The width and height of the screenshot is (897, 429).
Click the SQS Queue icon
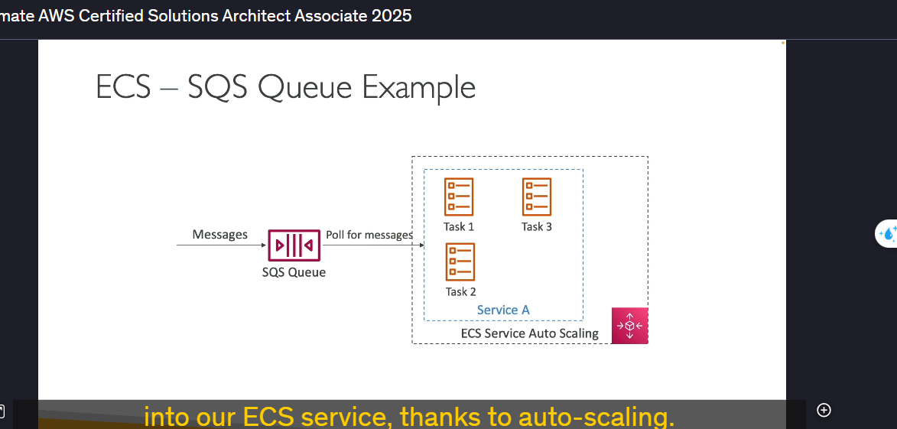point(294,245)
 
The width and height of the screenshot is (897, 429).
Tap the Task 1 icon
point(459,197)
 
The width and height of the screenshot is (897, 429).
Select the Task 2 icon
point(460,262)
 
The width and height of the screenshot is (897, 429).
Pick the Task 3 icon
point(537,197)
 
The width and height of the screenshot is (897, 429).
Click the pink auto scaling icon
point(630,326)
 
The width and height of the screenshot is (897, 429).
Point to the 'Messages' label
point(219,235)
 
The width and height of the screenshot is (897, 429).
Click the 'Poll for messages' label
point(369,235)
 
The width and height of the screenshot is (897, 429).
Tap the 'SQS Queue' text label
point(294,272)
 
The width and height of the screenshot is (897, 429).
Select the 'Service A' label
point(503,310)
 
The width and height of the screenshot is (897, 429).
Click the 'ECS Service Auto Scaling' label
point(530,333)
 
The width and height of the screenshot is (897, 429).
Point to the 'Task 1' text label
point(459,226)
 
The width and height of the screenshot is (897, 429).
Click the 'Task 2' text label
point(460,291)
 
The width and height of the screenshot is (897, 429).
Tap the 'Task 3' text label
point(537,226)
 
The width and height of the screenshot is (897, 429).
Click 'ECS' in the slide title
point(123,87)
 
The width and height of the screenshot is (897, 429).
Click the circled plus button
point(824,410)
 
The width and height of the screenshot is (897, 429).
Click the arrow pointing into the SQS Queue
point(222,245)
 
